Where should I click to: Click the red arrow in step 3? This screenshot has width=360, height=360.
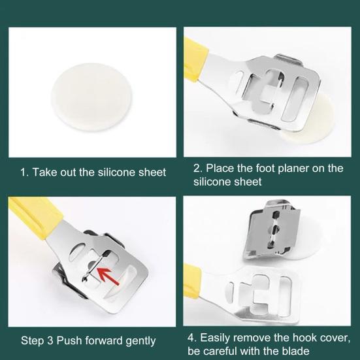coord(108,276)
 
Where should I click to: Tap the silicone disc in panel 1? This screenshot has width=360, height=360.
coord(91,97)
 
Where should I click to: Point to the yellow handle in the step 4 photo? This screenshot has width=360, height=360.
coord(191,280)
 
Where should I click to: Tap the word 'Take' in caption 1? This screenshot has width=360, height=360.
coord(44,172)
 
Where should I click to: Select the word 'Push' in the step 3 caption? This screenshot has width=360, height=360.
coord(69,340)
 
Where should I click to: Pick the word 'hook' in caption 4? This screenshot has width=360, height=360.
coord(305,338)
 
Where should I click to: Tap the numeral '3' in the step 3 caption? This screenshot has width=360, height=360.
coord(50,340)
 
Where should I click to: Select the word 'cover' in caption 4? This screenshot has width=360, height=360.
coord(335,338)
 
